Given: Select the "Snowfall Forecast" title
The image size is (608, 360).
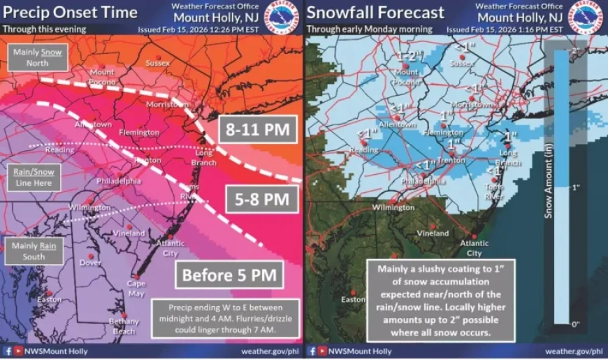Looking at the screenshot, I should pyautogui.click(x=375, y=13).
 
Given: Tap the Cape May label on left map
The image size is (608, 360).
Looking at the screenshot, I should pyautogui.click(x=136, y=289).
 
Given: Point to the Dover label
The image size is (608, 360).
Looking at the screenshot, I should pyautogui.click(x=90, y=263).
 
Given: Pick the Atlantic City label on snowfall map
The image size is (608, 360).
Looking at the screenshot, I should pyautogui.click(x=475, y=248).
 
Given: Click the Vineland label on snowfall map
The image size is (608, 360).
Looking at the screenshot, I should pyautogui.click(x=433, y=233).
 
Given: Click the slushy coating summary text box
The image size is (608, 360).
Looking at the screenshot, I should pyautogui.click(x=440, y=301).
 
